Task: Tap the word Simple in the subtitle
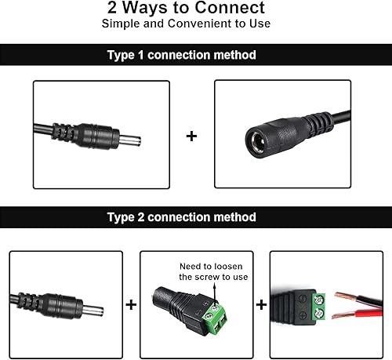tap(120, 23)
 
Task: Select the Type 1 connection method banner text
tap(181, 55)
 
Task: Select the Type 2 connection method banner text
tap(181, 216)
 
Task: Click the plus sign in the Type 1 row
tap(192, 136)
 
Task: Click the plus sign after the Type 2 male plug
tap(131, 302)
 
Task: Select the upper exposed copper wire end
tap(346, 296)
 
